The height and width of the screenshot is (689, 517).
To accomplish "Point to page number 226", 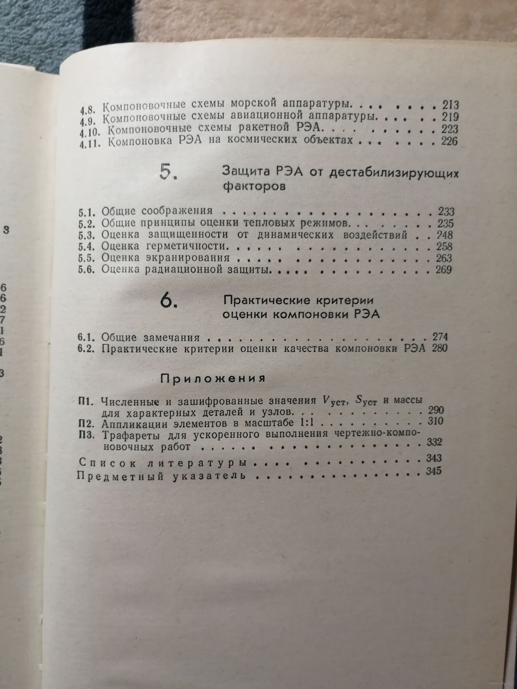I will click(x=447, y=141).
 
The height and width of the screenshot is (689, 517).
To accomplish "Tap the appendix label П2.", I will click(x=85, y=422).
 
